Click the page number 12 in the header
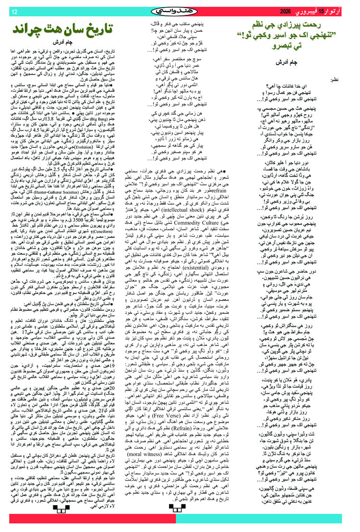(x=14, y=12)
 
